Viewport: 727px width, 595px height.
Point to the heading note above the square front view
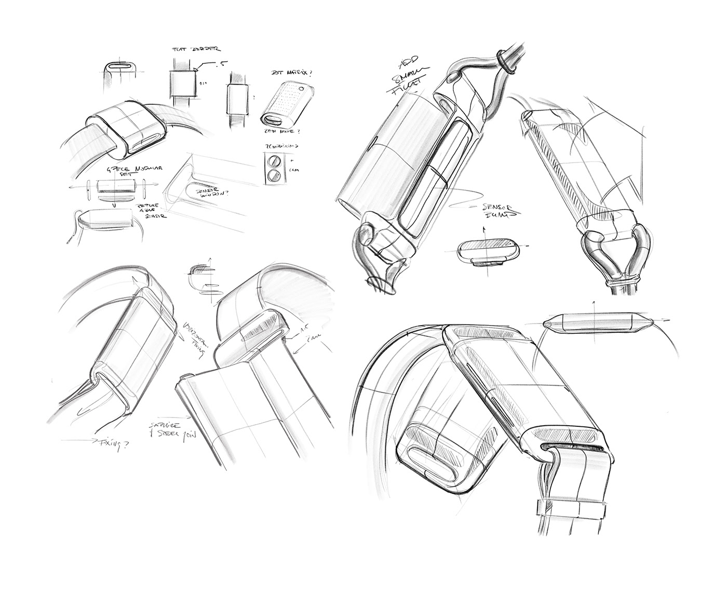coord(196,49)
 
